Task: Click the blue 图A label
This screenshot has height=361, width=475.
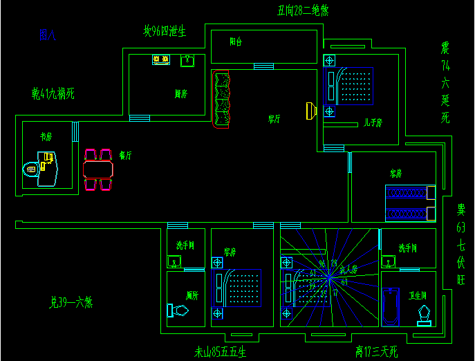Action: tap(48, 35)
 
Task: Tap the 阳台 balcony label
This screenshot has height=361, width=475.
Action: tap(236, 41)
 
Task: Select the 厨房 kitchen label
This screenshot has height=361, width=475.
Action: tap(182, 93)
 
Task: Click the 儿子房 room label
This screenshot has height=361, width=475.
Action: tap(373, 123)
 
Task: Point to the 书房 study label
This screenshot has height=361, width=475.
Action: tap(46, 137)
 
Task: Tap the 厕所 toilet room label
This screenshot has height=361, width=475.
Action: tap(192, 295)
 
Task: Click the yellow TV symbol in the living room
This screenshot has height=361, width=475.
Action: tap(311, 111)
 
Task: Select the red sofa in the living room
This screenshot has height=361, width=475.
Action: tap(222, 100)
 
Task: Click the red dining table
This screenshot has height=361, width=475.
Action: tap(97, 169)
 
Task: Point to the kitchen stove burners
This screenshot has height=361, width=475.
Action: tap(161, 60)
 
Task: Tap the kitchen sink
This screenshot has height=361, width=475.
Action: tap(187, 61)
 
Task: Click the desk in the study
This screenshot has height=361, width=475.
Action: tap(48, 169)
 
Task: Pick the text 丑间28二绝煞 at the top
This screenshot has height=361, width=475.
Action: tap(302, 10)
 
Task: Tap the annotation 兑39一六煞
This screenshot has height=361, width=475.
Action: tap(71, 302)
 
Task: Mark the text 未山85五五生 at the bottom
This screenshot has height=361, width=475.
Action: tap(221, 352)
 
